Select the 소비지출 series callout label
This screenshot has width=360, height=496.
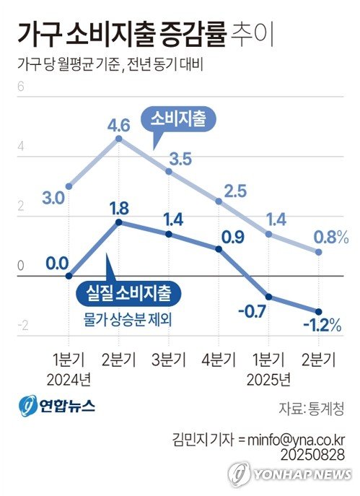[x=178, y=120]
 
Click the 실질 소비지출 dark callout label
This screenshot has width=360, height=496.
[x=128, y=293]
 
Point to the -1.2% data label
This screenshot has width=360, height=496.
[x=321, y=326]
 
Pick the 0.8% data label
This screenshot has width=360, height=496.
[x=332, y=235]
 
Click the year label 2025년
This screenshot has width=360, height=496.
[x=270, y=379]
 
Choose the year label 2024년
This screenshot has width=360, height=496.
[x=71, y=379]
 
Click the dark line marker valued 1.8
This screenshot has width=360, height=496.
[x=118, y=222]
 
